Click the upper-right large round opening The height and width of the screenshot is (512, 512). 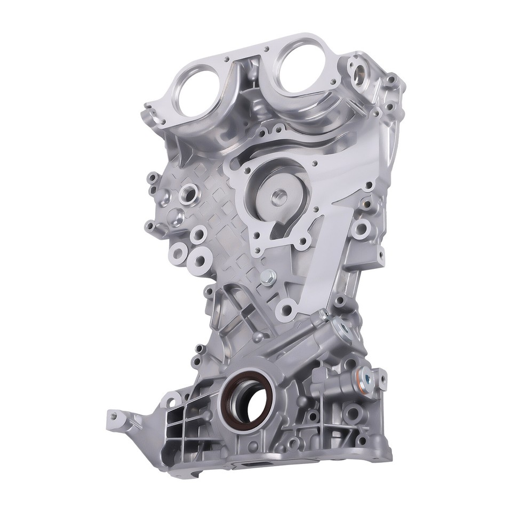pyautogui.click(x=301, y=63)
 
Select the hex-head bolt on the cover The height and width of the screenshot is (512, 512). pyautogui.click(x=268, y=276)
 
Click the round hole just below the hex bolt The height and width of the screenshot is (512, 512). pyautogui.click(x=289, y=308)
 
